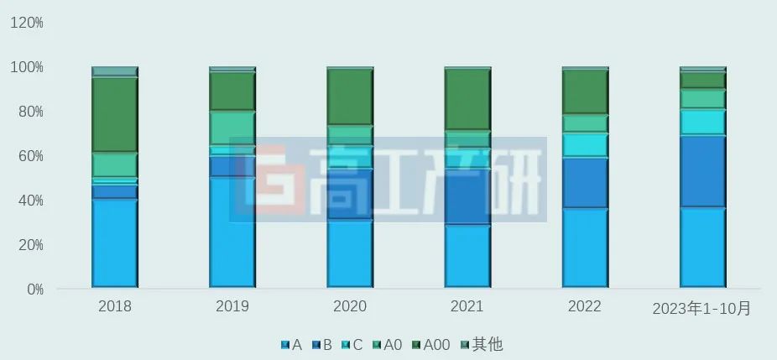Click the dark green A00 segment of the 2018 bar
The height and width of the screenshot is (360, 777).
click(115, 115)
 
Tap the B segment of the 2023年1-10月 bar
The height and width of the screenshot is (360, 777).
click(702, 171)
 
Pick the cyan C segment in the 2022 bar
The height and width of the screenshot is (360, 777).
click(585, 145)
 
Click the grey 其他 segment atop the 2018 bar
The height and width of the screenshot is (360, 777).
click(115, 71)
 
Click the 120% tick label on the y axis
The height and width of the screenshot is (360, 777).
click(27, 23)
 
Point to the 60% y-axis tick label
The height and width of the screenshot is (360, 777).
click(30, 156)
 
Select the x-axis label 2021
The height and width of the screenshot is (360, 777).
click(467, 307)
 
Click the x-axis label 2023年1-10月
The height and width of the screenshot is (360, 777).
click(702, 309)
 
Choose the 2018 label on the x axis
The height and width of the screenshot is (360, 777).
click(115, 307)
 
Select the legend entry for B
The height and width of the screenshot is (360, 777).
click(321, 344)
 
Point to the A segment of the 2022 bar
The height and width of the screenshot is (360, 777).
click(585, 248)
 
